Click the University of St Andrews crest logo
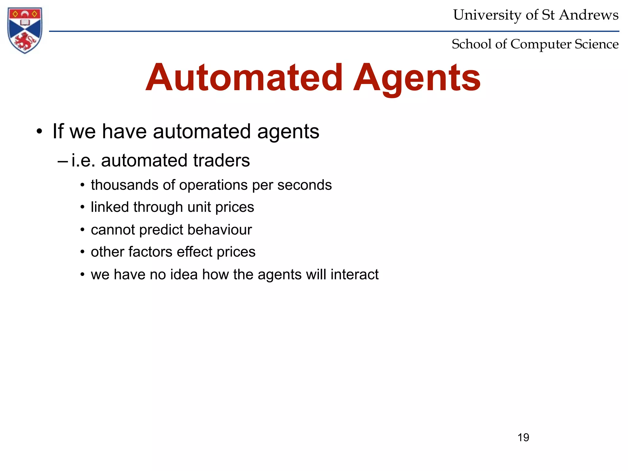tap(25, 30)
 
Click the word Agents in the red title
tap(417, 78)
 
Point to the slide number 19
tap(523, 437)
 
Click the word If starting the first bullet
tap(58, 131)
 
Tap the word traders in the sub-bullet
tap(221, 160)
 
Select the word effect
tap(194, 252)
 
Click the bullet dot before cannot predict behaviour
tap(82, 230)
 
